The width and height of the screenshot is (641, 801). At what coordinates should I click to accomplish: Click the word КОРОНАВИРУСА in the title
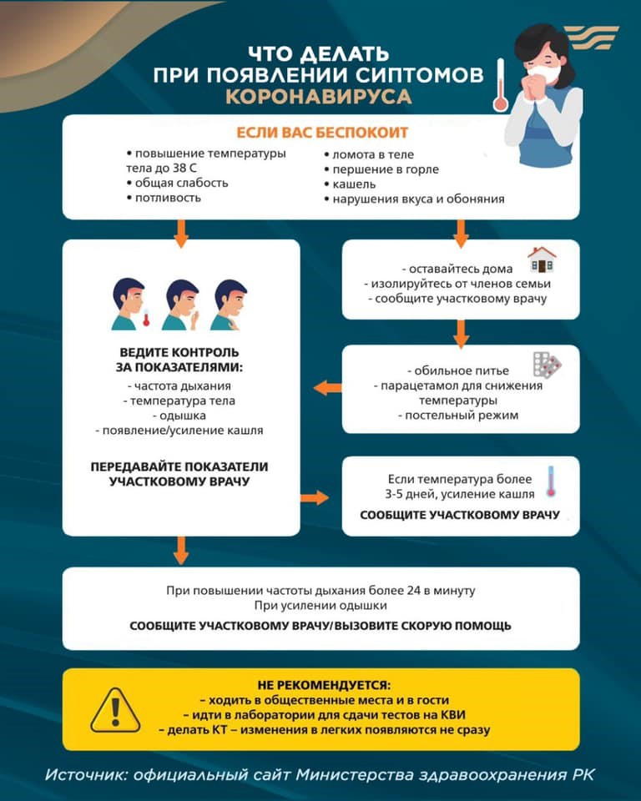(x=318, y=97)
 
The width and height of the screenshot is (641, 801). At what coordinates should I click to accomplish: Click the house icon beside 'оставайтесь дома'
(x=542, y=260)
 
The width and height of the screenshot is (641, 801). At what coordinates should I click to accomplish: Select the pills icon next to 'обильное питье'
(x=548, y=365)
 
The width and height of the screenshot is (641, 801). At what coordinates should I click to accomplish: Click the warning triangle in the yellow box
(x=115, y=709)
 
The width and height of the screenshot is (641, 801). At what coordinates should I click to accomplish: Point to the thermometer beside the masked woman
(x=501, y=85)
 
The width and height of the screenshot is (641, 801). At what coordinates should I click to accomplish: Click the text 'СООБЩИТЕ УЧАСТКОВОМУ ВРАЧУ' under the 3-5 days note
(x=460, y=515)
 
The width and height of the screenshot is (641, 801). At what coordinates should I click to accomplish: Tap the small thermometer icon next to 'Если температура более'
(x=551, y=481)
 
